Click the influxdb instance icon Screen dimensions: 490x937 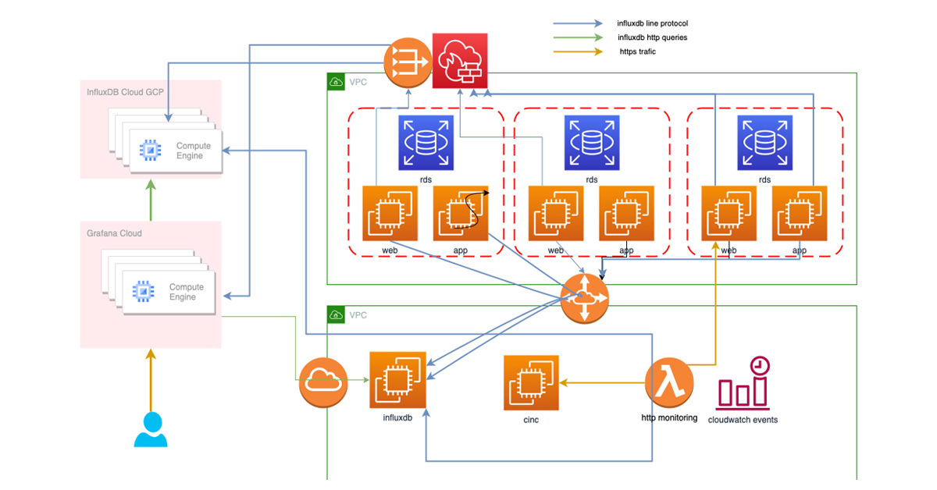pos(398,379)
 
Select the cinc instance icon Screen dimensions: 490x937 pos(531,382)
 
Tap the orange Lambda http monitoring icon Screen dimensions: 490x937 pos(670,383)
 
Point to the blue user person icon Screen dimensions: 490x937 pos(151,429)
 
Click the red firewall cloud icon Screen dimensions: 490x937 pos(460,61)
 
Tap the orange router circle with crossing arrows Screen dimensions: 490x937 pos(584,298)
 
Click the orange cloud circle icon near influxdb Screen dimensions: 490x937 pos(323,382)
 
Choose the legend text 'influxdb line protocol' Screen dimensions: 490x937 pos(652,23)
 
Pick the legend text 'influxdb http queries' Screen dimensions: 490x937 pos(653,37)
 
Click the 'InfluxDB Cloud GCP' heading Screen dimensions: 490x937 pos(125,92)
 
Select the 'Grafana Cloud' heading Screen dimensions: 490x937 pos(114,233)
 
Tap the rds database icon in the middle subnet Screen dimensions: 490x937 pos(592,143)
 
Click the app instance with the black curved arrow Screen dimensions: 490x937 pos(461,213)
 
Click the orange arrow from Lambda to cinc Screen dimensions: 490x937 pos(601,382)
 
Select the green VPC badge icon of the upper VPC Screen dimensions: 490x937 pos(336,82)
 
